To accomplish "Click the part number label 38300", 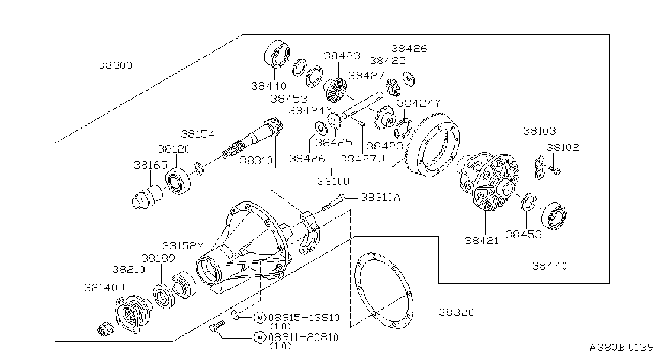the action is pyautogui.click(x=115, y=65).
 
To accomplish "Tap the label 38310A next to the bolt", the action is pyautogui.click(x=380, y=197).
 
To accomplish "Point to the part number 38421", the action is pyautogui.click(x=481, y=241).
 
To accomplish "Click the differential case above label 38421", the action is pyautogui.click(x=488, y=181).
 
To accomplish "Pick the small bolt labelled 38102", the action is pyautogui.click(x=554, y=170).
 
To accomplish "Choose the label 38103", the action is pyautogui.click(x=540, y=131).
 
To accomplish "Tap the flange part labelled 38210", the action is pyautogui.click(x=134, y=314).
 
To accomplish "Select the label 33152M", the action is pyautogui.click(x=183, y=245).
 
